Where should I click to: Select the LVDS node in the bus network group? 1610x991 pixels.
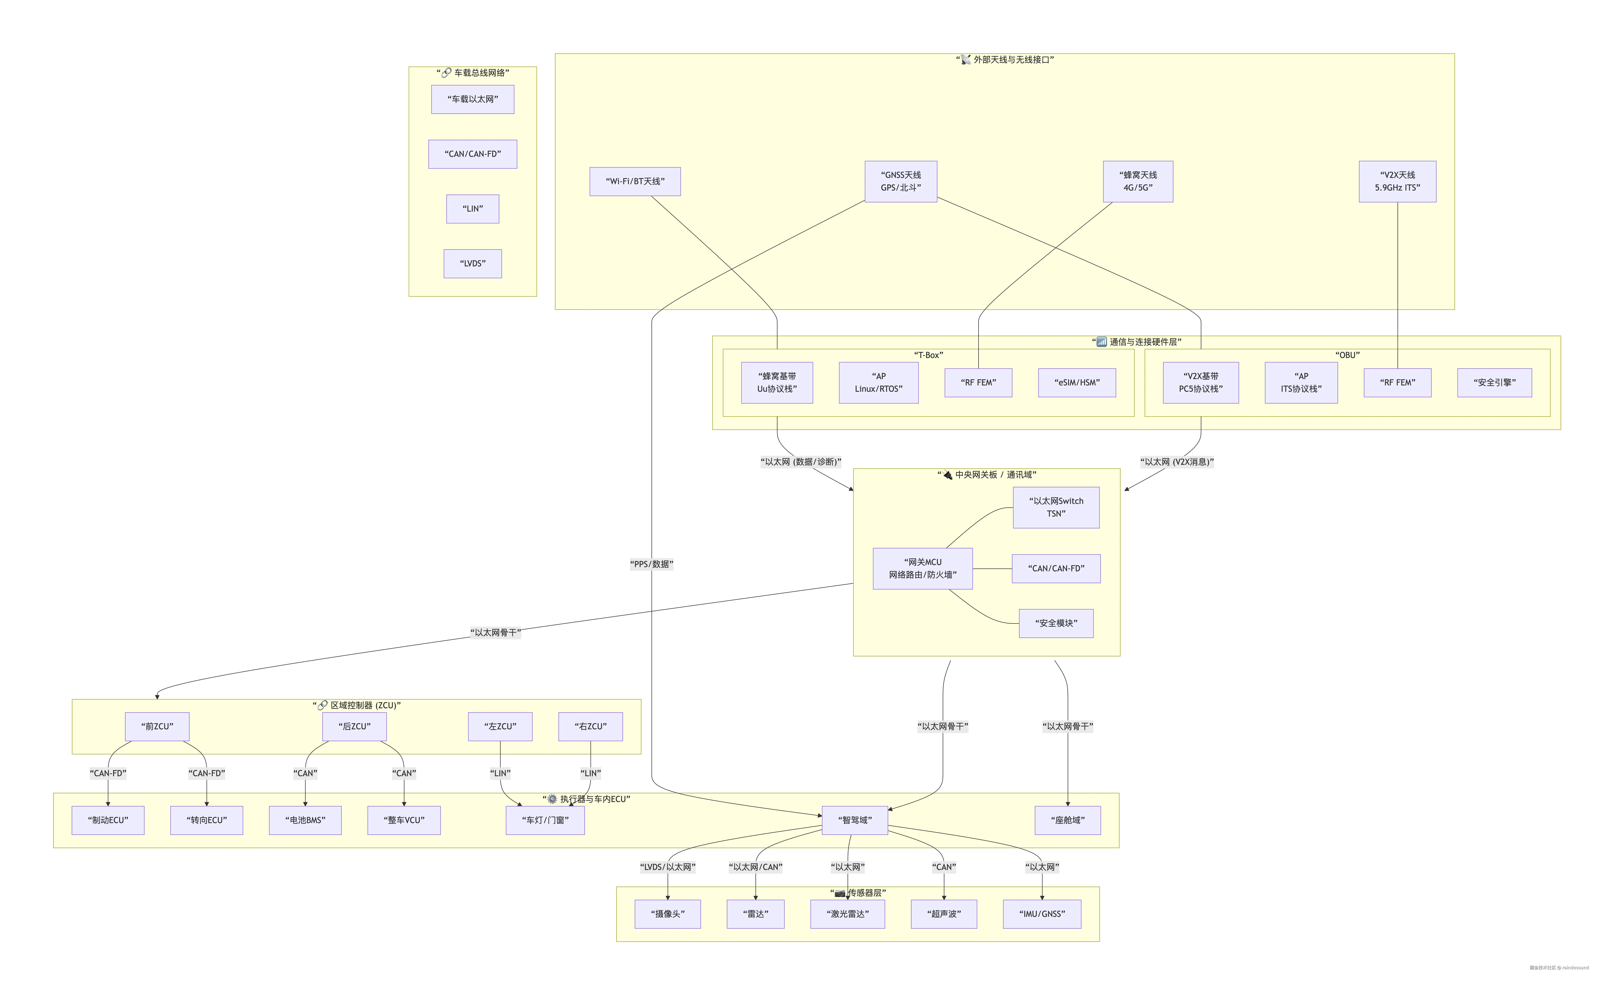pyautogui.click(x=472, y=263)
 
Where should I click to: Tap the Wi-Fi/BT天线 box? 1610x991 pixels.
pyautogui.click(x=635, y=182)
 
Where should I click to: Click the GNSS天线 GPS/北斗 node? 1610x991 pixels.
pyautogui.click(x=901, y=182)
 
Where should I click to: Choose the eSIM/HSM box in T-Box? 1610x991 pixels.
pyautogui.click(x=1077, y=383)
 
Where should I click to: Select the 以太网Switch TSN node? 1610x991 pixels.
pyautogui.click(x=1056, y=507)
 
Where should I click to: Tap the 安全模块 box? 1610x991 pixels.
pyautogui.click(x=1056, y=623)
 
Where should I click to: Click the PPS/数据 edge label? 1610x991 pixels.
pyautogui.click(x=651, y=564)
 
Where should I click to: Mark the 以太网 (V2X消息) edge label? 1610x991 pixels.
pyautogui.click(x=1177, y=462)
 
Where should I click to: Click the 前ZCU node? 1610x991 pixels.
pyautogui.click(x=157, y=727)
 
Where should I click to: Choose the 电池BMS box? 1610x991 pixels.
pyautogui.click(x=305, y=821)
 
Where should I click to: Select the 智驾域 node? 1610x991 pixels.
pyautogui.click(x=855, y=821)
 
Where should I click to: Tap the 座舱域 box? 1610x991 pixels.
pyautogui.click(x=1067, y=821)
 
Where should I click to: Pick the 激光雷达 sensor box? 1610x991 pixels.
pyautogui.click(x=847, y=914)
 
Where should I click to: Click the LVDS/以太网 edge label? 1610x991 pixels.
pyautogui.click(x=668, y=867)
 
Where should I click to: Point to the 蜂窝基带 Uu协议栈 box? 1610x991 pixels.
pyautogui.click(x=777, y=383)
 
